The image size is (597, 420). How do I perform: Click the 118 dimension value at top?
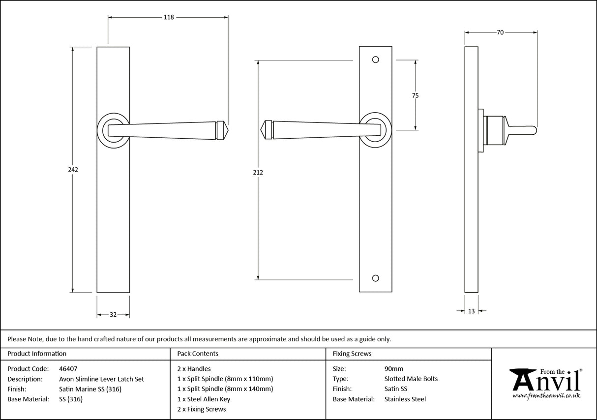click(169, 18)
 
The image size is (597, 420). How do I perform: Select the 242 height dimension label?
click(73, 170)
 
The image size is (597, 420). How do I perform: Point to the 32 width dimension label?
click(113, 315)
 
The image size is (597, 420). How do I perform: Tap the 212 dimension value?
click(258, 173)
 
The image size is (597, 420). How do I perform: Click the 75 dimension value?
click(415, 95)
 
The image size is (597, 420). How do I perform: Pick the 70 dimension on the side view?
click(500, 32)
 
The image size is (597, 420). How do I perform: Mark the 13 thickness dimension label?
click(472, 311)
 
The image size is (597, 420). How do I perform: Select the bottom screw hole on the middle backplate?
click(376, 278)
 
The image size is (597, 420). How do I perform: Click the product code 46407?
click(68, 368)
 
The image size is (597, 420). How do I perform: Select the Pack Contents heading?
click(198, 354)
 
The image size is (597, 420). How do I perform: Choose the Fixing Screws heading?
click(352, 354)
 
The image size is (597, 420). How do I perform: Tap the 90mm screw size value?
click(393, 368)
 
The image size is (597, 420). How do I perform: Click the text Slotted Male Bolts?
click(411, 379)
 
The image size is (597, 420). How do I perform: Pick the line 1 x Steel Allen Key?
click(204, 399)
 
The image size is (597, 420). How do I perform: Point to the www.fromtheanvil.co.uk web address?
click(546, 395)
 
